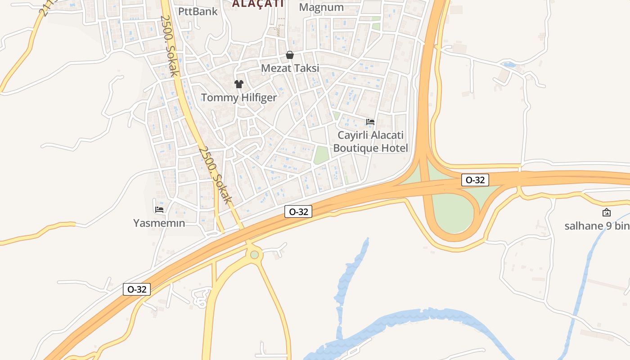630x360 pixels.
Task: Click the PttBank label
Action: click(198, 11)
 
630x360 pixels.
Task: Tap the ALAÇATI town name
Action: click(258, 4)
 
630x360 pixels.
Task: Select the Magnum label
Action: click(321, 7)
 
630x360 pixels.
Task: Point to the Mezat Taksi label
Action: click(290, 68)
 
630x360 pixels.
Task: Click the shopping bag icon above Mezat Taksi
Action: click(290, 55)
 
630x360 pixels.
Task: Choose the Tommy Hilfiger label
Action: click(239, 97)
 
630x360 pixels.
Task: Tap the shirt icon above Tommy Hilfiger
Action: click(239, 84)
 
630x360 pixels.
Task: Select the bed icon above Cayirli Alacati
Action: click(370, 122)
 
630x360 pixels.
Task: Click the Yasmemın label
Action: click(159, 223)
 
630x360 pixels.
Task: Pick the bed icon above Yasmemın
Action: click(159, 209)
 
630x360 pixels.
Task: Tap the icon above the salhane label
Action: click(606, 212)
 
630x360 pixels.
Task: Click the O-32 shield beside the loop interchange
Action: click(475, 180)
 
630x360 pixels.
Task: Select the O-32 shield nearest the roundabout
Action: click(298, 211)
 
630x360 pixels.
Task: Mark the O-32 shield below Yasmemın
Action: click(137, 289)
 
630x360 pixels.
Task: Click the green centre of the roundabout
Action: click(255, 255)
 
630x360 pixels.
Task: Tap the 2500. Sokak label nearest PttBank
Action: click(170, 45)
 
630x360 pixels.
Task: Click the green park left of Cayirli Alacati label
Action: click(321, 155)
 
